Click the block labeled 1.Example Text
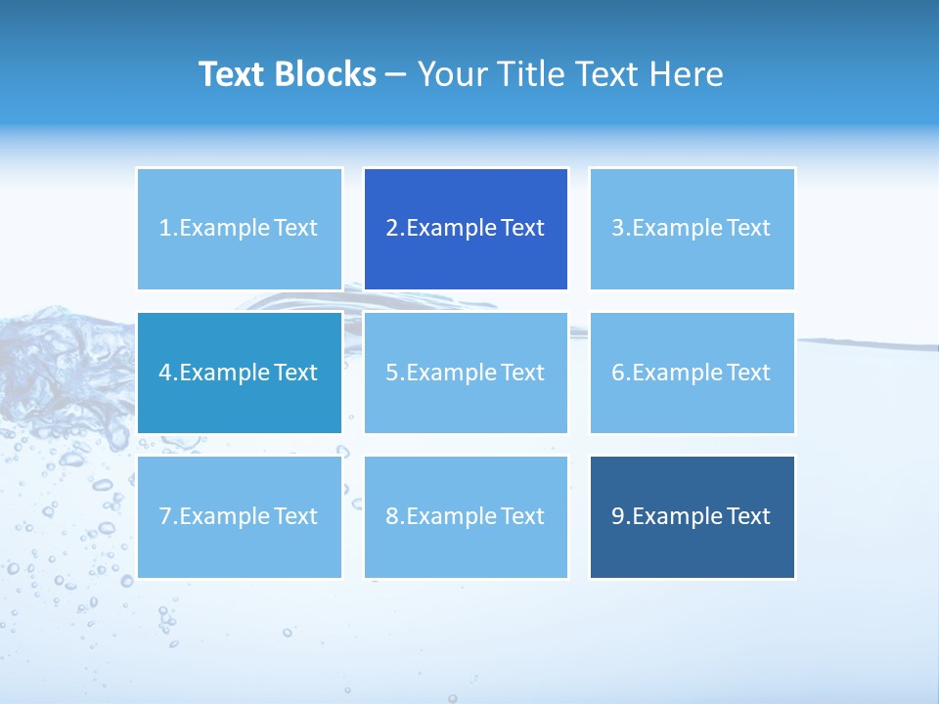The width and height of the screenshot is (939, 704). click(240, 229)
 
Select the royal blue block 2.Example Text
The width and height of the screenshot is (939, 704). click(466, 229)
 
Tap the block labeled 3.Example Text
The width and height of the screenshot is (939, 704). click(692, 229)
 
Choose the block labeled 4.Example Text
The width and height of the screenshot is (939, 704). click(240, 373)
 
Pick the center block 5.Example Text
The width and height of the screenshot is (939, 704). click(466, 373)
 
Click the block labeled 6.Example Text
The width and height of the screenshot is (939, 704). click(692, 373)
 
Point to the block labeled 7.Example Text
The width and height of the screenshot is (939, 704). click(240, 516)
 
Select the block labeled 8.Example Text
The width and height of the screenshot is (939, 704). click(466, 516)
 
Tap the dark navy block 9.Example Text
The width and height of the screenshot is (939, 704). click(692, 516)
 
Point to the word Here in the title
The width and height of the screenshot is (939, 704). click(688, 74)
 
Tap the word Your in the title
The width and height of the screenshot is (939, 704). click(449, 74)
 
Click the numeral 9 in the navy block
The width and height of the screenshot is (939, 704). click(618, 516)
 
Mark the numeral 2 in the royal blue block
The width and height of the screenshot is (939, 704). click(392, 229)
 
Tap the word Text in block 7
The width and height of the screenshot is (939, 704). click(296, 516)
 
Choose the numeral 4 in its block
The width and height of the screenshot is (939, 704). click(165, 373)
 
